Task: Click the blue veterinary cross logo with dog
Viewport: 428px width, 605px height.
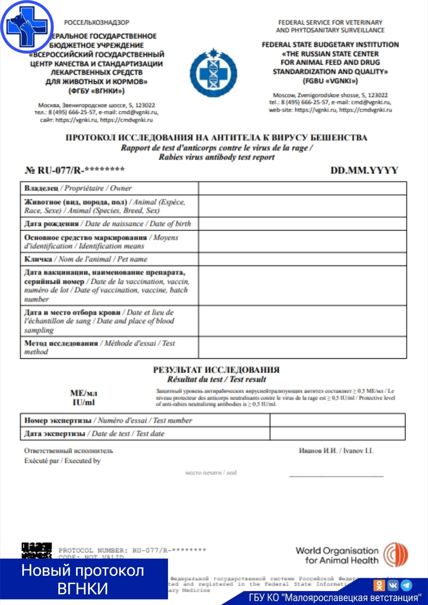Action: pyautogui.click(x=27, y=27)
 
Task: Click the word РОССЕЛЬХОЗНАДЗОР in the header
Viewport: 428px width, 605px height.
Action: pyautogui.click(x=97, y=23)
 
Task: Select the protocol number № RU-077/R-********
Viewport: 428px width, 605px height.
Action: pyautogui.click(x=75, y=170)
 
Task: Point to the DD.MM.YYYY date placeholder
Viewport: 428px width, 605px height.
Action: pyautogui.click(x=364, y=170)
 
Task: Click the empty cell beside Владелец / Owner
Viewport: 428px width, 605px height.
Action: pyautogui.click(x=302, y=188)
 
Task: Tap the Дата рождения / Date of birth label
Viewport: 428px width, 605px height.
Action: pyautogui.click(x=107, y=224)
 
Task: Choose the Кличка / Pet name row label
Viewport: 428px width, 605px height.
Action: pyautogui.click(x=86, y=259)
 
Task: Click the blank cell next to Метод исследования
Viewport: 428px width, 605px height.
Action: pyautogui.click(x=302, y=348)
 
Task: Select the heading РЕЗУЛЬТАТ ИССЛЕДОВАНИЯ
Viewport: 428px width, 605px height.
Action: pyautogui.click(x=216, y=370)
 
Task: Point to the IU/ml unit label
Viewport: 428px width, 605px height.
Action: pyautogui.click(x=84, y=402)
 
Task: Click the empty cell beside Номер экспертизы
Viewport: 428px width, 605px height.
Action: pyautogui.click(x=337, y=420)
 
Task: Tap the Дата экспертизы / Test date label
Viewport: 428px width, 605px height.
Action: pyautogui.click(x=94, y=434)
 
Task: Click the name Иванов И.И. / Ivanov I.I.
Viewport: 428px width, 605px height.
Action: pyautogui.click(x=336, y=451)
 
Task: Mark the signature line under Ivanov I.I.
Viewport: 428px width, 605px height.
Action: pyautogui.click(x=336, y=476)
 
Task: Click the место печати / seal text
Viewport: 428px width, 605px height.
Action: pyautogui.click(x=211, y=472)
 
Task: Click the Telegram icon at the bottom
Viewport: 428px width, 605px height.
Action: pyautogui.click(x=407, y=585)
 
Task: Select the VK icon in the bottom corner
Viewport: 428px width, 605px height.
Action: pyautogui.click(x=393, y=585)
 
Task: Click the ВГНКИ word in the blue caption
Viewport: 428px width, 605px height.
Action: pyautogui.click(x=82, y=589)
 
